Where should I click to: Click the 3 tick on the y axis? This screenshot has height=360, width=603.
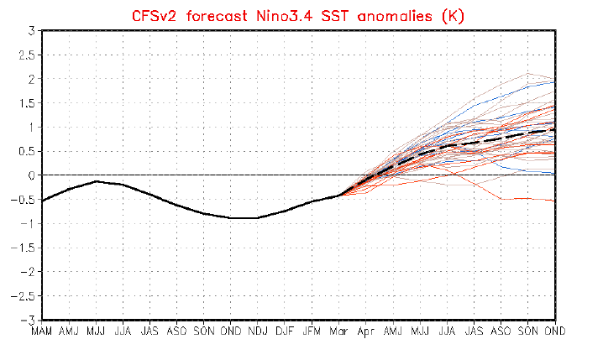[31, 31]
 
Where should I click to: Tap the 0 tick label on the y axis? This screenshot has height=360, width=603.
[31, 175]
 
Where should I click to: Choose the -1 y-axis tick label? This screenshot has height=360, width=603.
[29, 224]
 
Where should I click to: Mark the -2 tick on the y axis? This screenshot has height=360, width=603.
[29, 272]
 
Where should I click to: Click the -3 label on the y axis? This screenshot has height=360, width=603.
[29, 321]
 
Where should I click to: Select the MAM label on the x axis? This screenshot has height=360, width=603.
[42, 331]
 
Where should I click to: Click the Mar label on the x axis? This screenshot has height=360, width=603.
[338, 331]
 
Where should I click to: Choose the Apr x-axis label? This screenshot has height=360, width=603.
[364, 331]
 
